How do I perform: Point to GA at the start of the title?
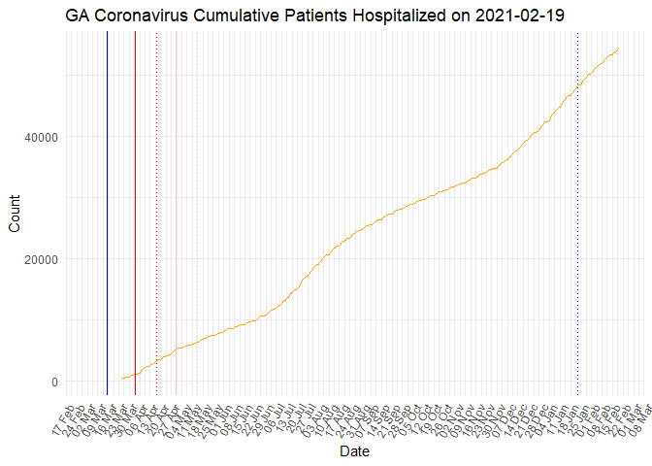pos(79,17)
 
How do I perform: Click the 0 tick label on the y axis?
pos(54,382)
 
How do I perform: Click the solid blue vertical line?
pos(107,214)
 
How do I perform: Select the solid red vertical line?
pos(135,214)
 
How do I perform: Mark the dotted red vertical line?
pos(156,214)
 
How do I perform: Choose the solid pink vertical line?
pos(176,214)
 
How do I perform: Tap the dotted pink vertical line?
pos(197,214)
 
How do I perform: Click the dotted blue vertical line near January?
pos(578,214)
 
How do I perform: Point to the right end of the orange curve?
pos(619,48)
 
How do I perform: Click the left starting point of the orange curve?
pos(121,379)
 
